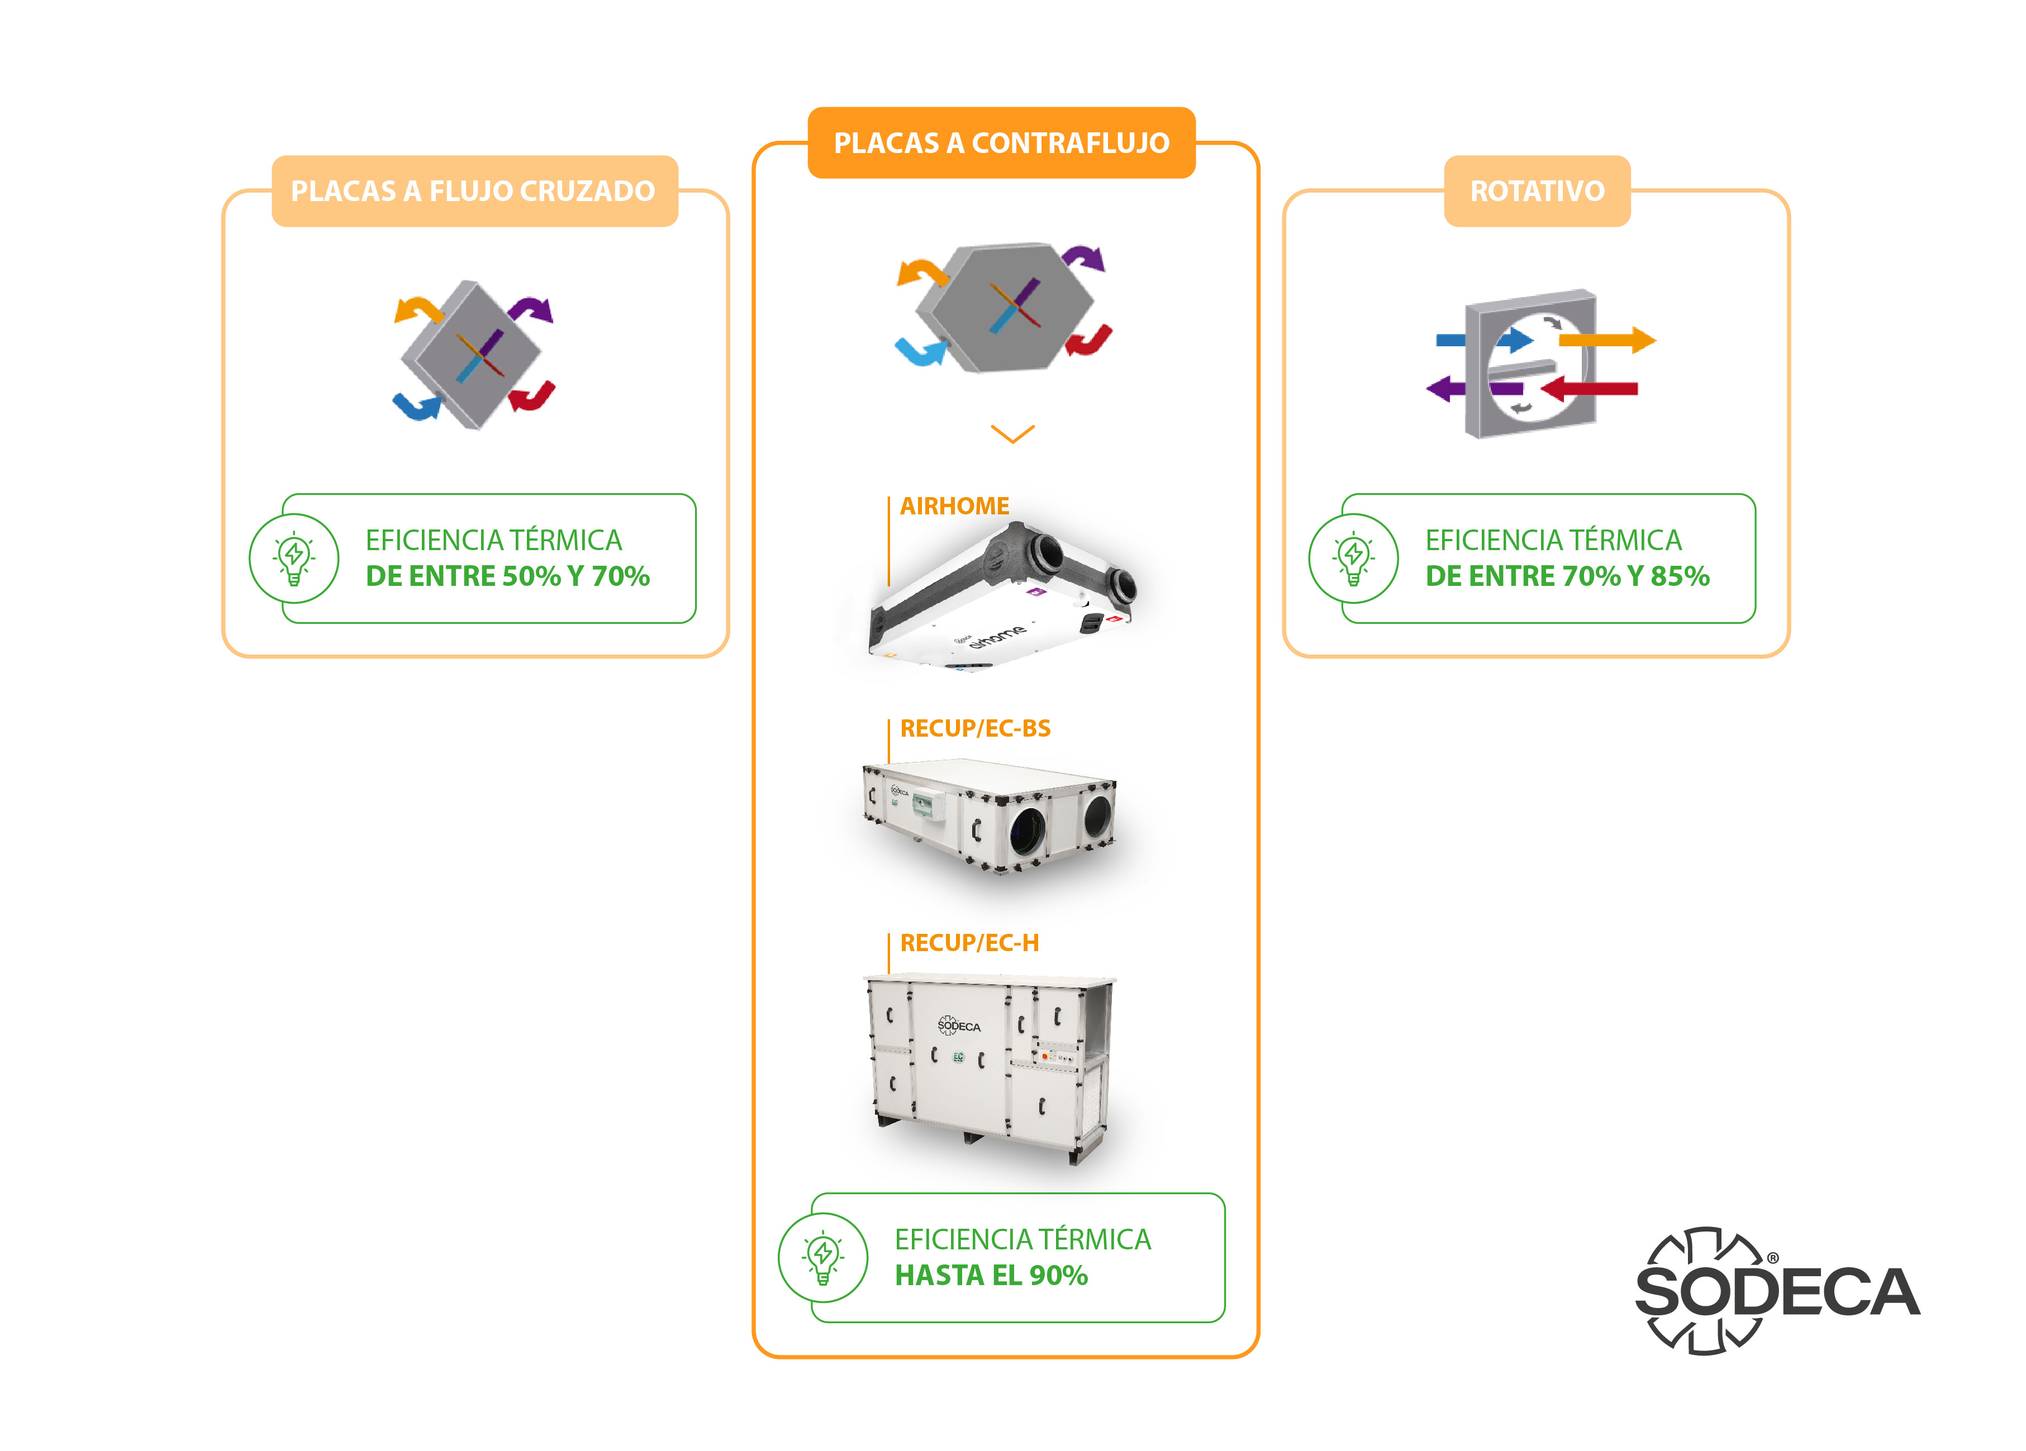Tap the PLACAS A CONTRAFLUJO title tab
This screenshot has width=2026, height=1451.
1001,143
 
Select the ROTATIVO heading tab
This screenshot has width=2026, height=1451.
1537,191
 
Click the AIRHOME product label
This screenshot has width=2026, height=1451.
954,507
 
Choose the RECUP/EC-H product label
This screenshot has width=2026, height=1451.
969,943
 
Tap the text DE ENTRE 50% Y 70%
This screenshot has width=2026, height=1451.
507,576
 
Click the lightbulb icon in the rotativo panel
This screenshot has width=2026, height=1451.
1353,558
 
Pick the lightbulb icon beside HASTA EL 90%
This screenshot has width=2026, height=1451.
822,1257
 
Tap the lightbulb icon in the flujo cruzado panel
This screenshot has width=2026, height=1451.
294,558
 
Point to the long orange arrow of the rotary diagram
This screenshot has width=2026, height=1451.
1607,340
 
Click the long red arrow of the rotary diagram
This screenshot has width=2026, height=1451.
1589,388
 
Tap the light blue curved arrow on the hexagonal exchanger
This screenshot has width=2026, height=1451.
920,351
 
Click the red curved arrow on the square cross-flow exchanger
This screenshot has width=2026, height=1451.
533,395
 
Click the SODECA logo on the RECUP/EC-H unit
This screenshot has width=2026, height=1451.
958,1026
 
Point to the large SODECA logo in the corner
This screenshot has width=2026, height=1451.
1778,1290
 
